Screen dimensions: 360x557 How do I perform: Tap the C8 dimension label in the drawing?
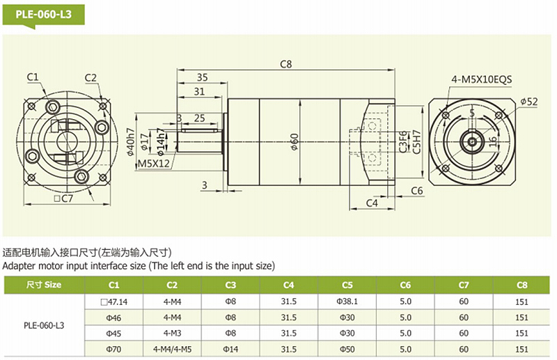point(286,63)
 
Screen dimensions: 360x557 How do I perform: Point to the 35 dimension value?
point(202,77)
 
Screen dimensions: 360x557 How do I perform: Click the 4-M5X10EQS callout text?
point(481,79)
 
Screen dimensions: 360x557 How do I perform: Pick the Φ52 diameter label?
point(529,102)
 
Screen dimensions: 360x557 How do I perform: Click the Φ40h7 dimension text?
point(131,143)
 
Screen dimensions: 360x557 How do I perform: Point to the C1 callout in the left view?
point(33,77)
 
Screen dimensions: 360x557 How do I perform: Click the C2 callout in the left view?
point(91,77)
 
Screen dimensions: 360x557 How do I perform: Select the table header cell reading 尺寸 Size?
point(44,285)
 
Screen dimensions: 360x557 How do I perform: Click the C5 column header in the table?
point(347,285)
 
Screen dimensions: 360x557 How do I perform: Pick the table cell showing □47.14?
point(114,302)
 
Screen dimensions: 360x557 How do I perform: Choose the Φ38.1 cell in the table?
point(347,302)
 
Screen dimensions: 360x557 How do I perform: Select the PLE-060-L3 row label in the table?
point(44,325)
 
